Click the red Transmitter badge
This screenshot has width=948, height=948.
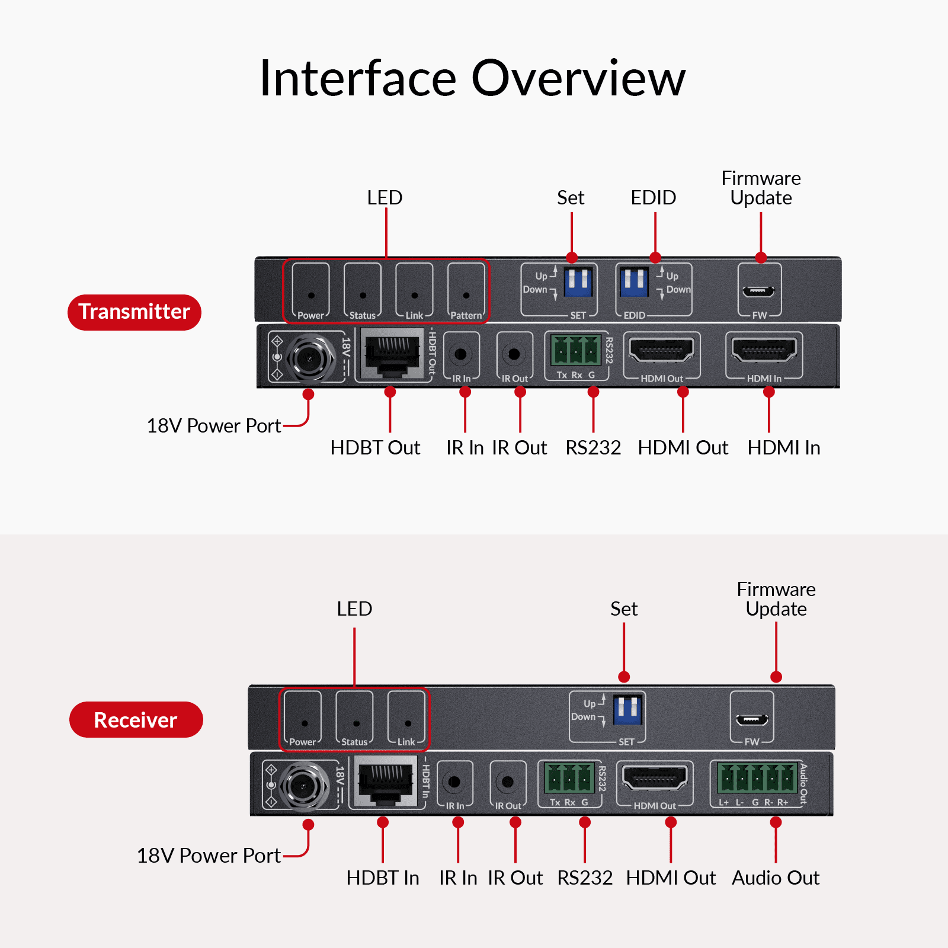(x=134, y=312)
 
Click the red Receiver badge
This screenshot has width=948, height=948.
(x=136, y=720)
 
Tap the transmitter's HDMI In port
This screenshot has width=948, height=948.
(x=764, y=350)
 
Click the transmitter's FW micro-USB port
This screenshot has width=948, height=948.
(x=759, y=291)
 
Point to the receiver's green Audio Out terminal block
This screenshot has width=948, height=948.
(x=757, y=777)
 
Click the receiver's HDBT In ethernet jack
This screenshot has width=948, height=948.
(x=385, y=781)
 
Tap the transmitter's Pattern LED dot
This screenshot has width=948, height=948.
(x=466, y=295)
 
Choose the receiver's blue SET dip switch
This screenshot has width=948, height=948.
(x=627, y=709)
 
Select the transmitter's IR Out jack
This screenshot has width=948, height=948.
(x=514, y=354)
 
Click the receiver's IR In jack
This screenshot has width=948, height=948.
(x=454, y=782)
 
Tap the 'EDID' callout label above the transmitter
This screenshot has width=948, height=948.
(x=654, y=198)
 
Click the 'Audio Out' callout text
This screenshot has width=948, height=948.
(x=776, y=877)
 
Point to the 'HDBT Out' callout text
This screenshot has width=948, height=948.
(x=375, y=448)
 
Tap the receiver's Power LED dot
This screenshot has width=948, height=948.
(x=305, y=723)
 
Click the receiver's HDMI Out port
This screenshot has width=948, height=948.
(x=654, y=777)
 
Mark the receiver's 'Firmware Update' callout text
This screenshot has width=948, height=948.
(x=776, y=599)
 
